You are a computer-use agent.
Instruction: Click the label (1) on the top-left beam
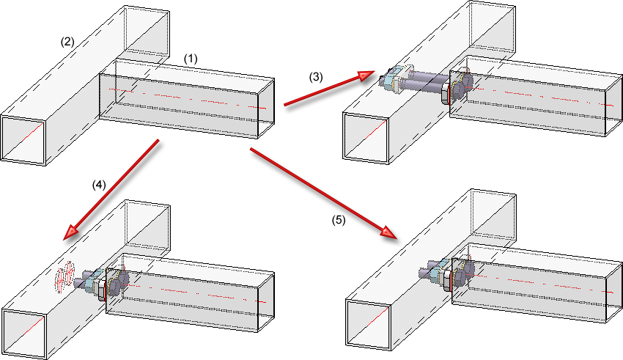[x=191, y=57]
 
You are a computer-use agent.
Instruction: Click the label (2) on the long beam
[x=67, y=42]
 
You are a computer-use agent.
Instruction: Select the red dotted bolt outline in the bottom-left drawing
[x=64, y=276]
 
